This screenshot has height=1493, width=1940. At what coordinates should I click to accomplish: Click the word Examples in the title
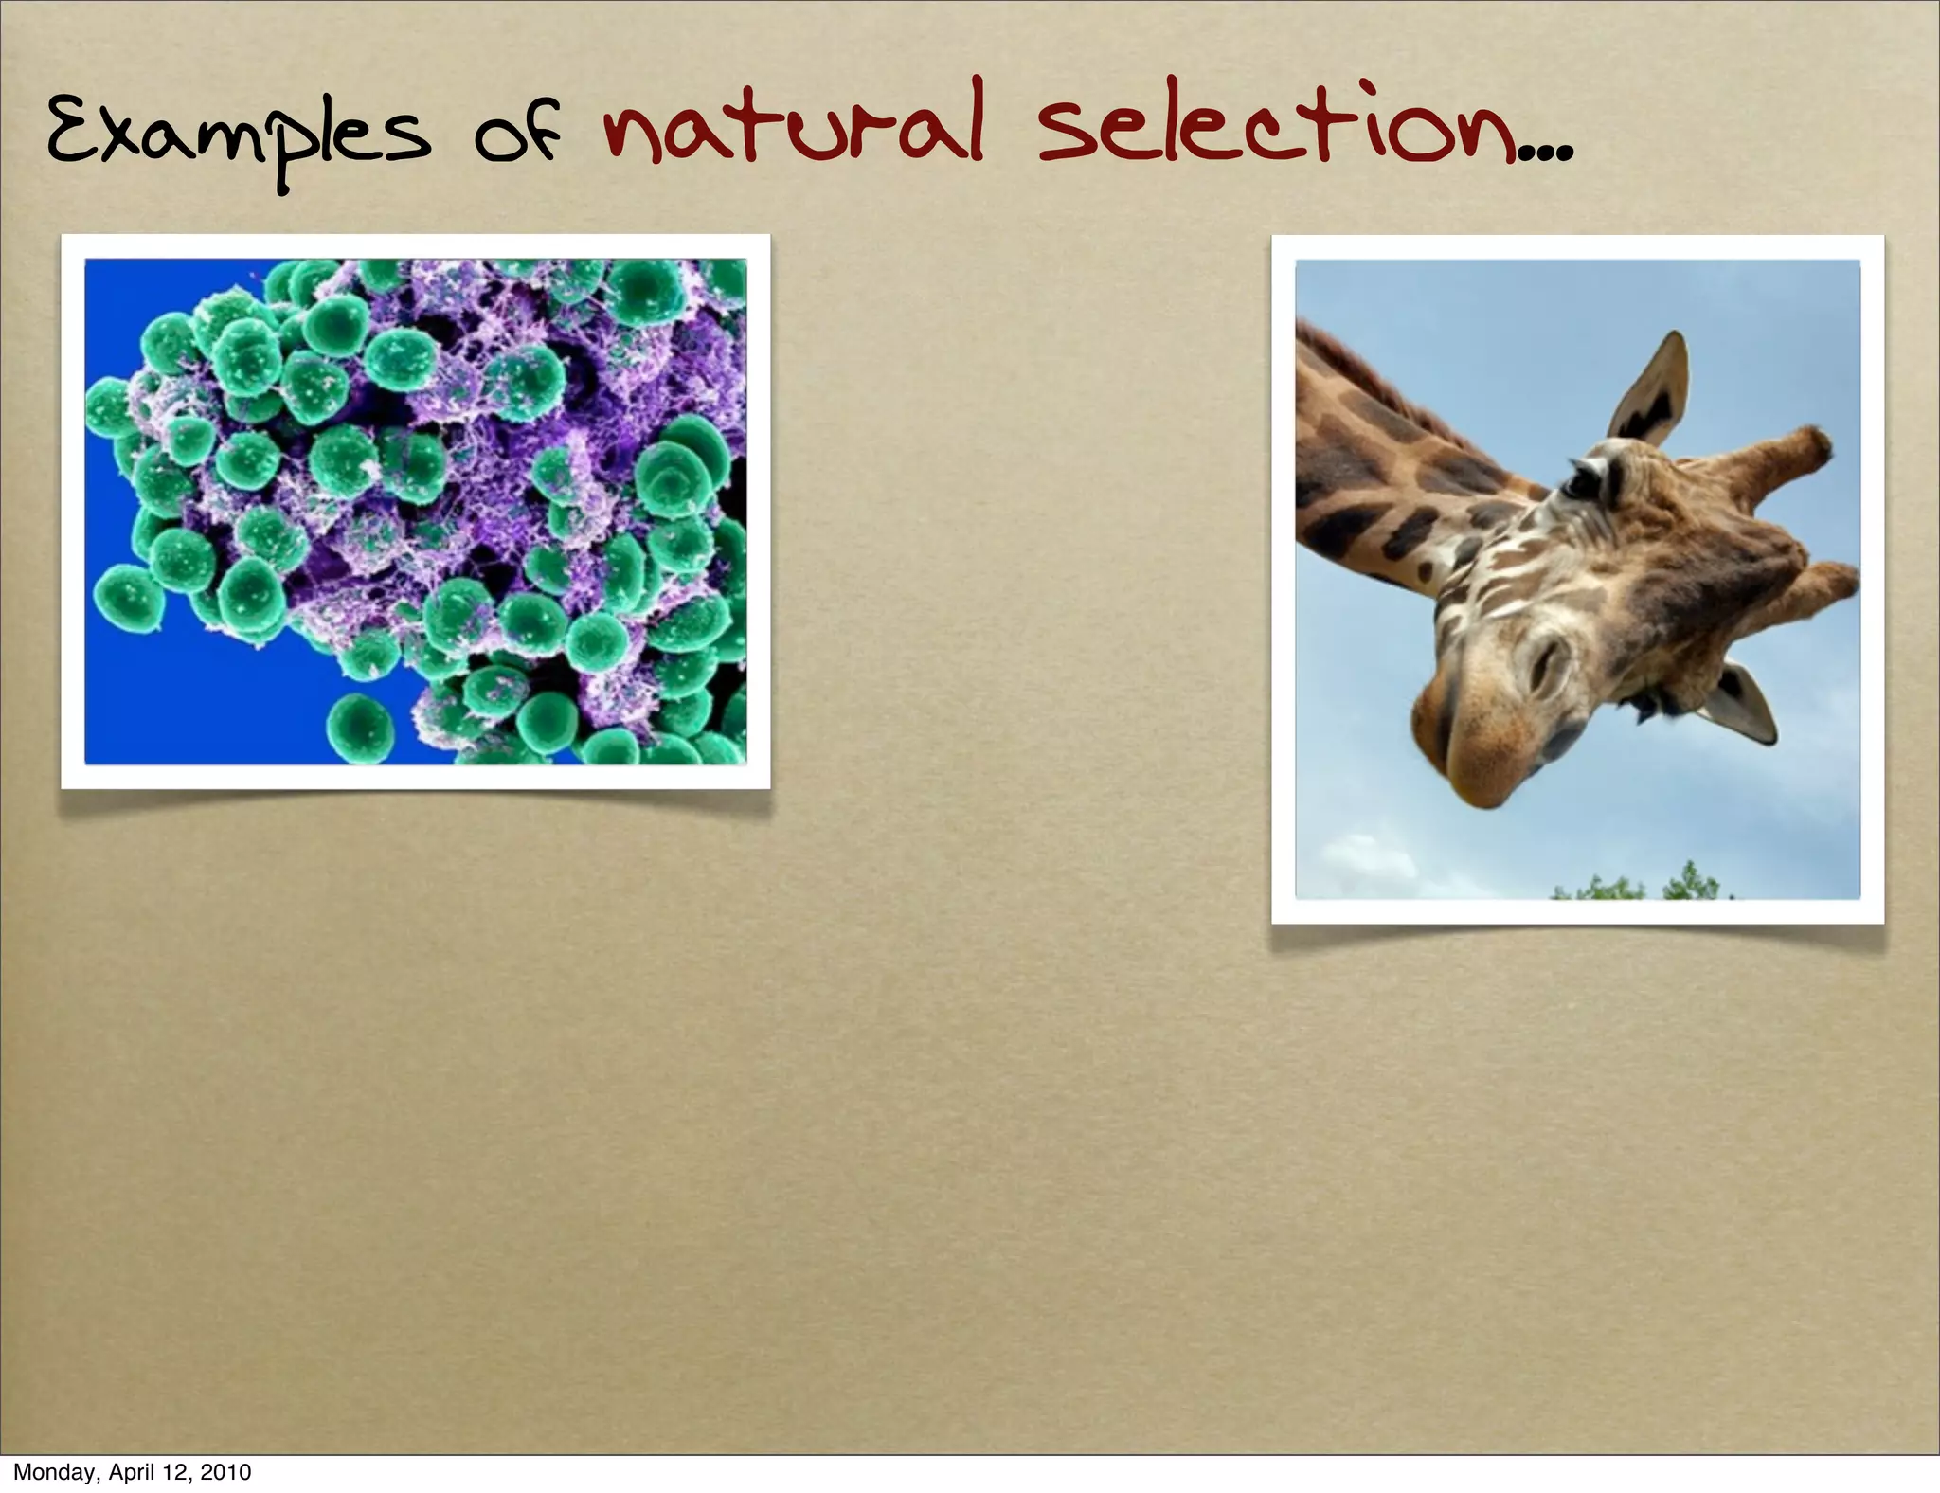(237, 137)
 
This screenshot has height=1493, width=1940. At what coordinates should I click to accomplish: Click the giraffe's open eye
(1578, 483)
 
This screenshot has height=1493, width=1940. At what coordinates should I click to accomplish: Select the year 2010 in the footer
(225, 1472)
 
